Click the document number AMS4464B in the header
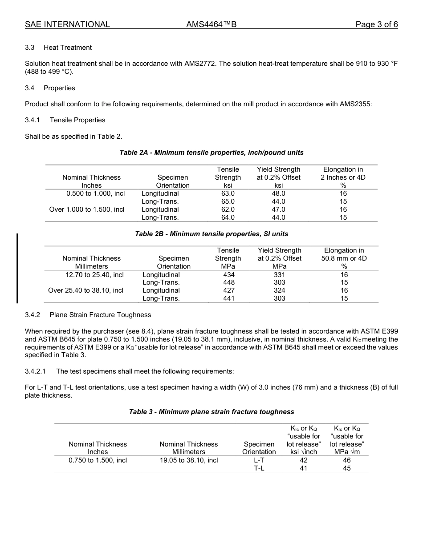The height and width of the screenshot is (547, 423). pos(211,24)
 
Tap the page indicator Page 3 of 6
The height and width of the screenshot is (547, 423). pos(376,24)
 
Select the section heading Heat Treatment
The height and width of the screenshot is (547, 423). pos(68,48)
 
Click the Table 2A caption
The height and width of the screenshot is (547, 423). pos(211,153)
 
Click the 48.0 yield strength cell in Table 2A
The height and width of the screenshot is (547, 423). pos(278,193)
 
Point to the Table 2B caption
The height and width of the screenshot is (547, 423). pos(211,233)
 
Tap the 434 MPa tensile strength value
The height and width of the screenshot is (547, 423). pos(228,275)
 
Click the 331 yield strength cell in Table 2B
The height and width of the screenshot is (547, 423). pos(279,275)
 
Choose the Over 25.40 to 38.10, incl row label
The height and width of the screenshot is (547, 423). pos(85,290)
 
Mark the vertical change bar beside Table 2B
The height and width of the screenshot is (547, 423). pos(17,268)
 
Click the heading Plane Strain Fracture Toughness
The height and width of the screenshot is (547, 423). pos(100,315)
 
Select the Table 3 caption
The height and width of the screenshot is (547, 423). pos(211,412)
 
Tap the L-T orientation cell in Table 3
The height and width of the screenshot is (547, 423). pos(259,460)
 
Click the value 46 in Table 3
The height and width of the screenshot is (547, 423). pos(347,460)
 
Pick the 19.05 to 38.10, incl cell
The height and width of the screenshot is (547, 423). pos(189,460)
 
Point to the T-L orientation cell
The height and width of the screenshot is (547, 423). pos(259,468)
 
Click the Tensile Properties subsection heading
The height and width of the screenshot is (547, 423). pos(77,120)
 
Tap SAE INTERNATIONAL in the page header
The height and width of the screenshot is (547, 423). pos(67,24)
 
